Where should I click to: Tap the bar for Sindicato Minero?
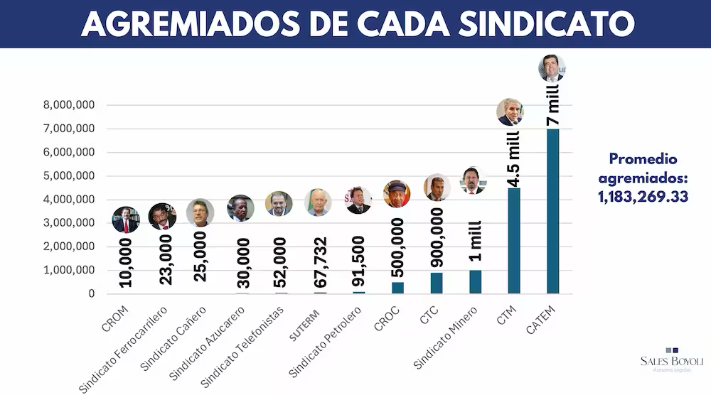[475, 281]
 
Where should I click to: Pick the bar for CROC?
[397, 288]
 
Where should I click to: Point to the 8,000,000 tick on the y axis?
[70, 105]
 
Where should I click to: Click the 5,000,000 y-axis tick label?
[70, 176]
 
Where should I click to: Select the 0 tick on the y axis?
[92, 293]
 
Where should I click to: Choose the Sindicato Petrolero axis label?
[322, 340]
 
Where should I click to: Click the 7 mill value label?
[553, 104]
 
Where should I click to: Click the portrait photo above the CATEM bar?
[552, 68]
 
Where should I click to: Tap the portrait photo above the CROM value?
[126, 220]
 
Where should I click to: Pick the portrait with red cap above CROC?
[397, 193]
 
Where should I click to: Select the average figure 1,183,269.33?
[643, 196]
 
